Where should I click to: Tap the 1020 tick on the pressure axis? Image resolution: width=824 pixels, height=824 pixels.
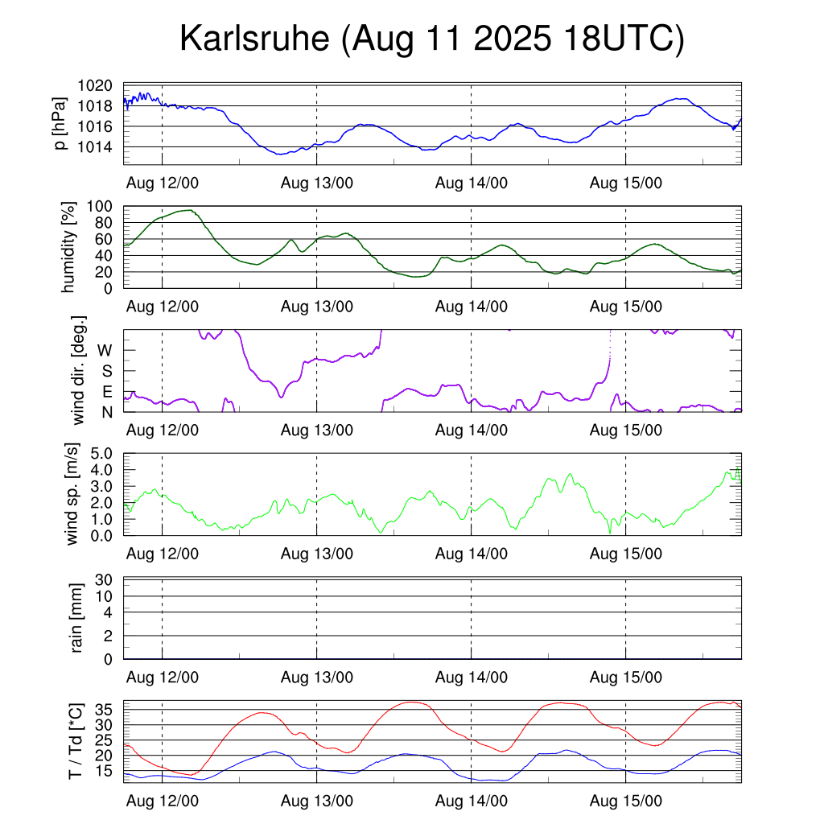click(x=101, y=85)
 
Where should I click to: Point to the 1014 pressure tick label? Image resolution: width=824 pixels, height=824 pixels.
click(x=101, y=146)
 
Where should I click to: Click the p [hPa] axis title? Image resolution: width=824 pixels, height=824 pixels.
click(x=60, y=125)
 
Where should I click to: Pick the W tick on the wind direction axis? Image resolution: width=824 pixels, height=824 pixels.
click(x=105, y=350)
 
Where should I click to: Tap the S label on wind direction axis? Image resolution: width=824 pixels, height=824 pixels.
click(x=106, y=371)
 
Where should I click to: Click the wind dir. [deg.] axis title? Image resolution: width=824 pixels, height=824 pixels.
click(x=78, y=370)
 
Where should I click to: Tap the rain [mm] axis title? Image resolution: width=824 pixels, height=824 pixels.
click(x=78, y=618)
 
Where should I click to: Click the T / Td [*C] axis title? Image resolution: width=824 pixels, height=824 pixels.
click(x=75, y=741)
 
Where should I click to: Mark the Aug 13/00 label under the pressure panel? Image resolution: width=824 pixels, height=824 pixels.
click(x=317, y=183)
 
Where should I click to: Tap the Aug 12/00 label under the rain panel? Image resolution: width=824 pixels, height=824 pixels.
click(x=163, y=678)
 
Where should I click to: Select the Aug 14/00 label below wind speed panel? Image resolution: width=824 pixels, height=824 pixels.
click(x=472, y=554)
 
